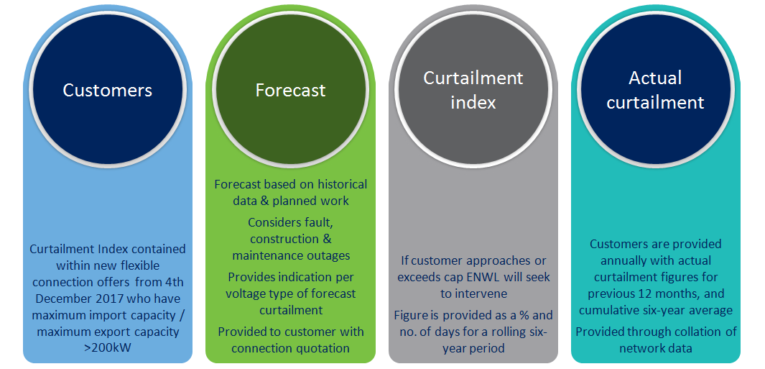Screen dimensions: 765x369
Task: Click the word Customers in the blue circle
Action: click(107, 91)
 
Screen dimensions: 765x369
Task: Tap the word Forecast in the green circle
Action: click(290, 91)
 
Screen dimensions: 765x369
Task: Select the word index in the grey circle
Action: click(473, 103)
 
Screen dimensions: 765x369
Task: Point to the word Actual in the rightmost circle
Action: click(655, 78)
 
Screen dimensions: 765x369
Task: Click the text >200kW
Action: click(107, 347)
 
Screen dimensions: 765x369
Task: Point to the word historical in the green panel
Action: click(343, 185)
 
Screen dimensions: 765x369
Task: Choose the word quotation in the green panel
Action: click(325, 347)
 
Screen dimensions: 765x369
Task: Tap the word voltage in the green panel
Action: click(250, 293)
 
